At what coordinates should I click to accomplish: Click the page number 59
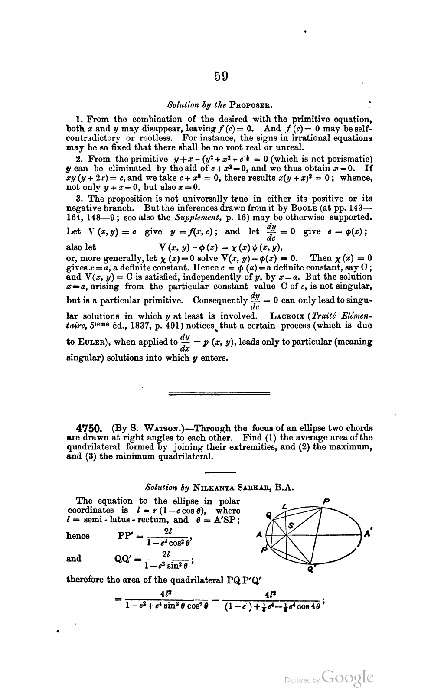tap(221, 76)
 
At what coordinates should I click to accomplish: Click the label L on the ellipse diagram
tap(284, 506)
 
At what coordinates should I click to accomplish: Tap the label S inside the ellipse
tap(291, 525)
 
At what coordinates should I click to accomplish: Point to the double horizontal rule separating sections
tap(219, 394)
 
